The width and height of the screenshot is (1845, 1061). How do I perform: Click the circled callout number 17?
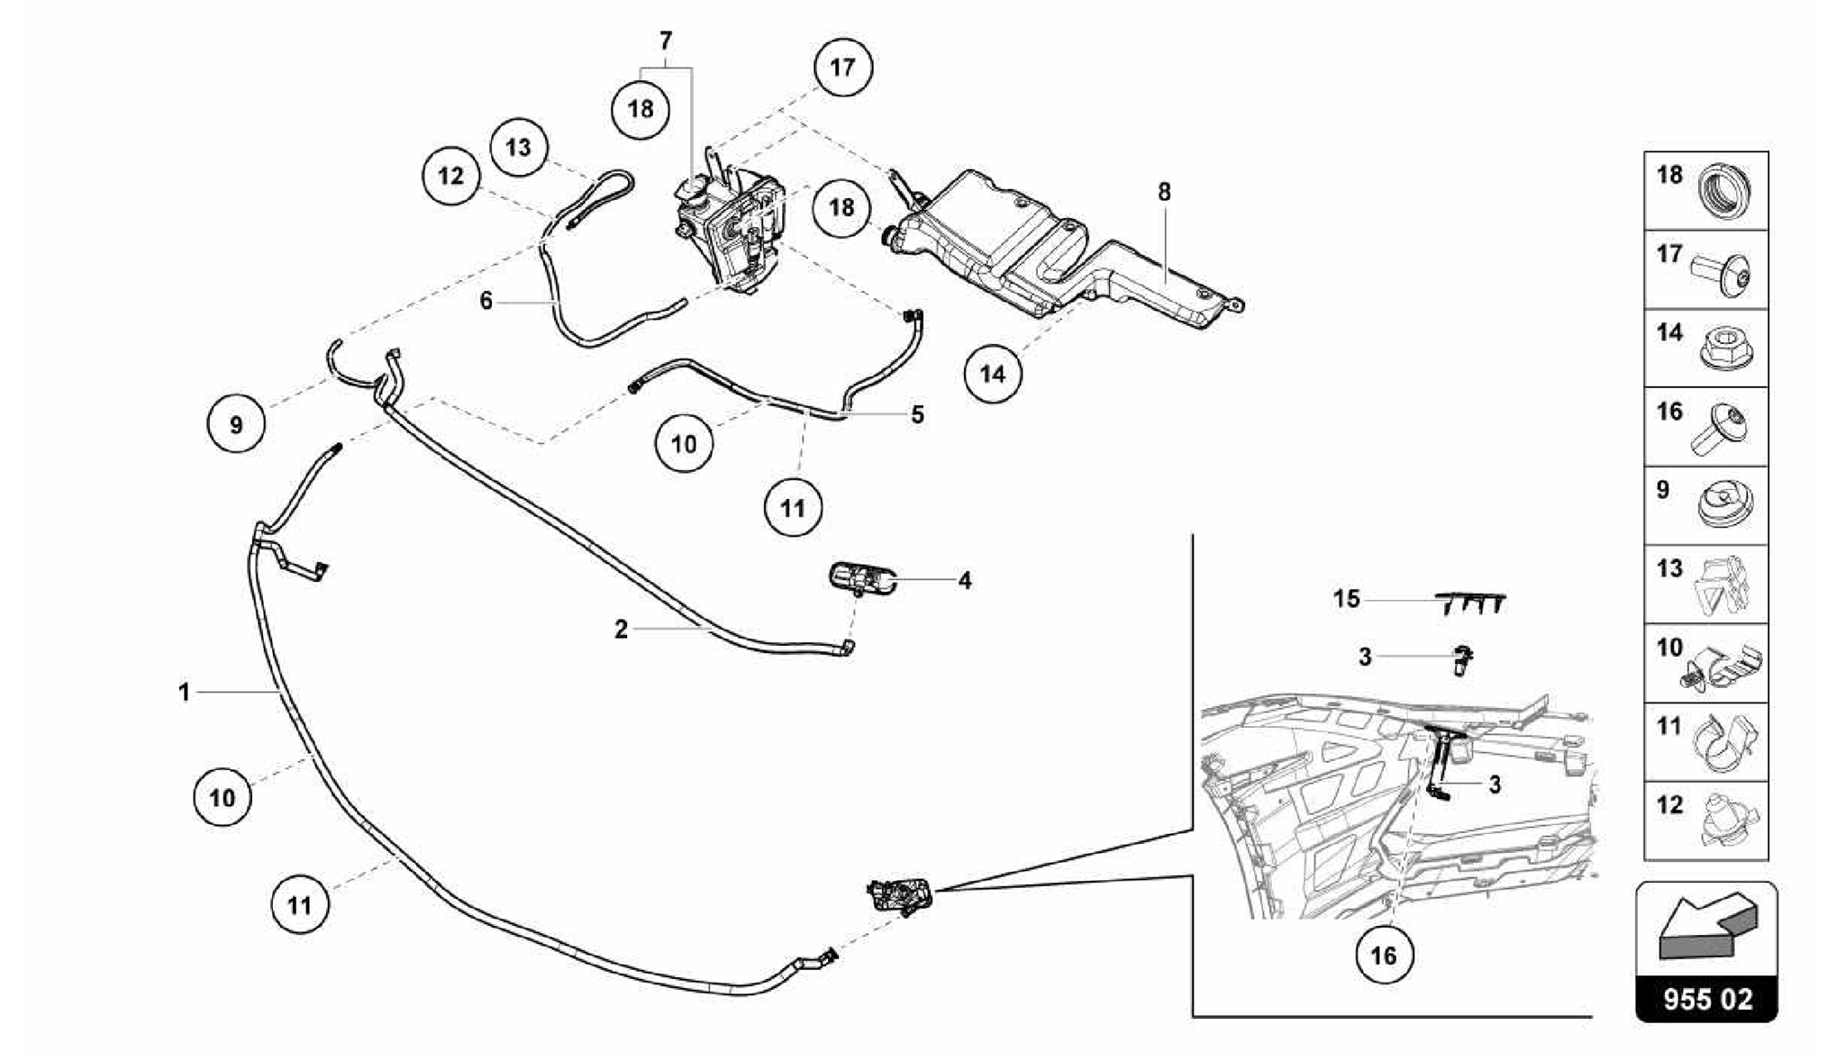click(x=842, y=68)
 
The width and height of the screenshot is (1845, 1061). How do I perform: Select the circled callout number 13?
click(x=519, y=147)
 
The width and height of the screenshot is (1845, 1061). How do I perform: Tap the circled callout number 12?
click(x=451, y=176)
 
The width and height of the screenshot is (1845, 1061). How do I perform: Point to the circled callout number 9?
click(x=236, y=424)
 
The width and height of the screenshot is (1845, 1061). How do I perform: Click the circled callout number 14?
click(x=993, y=373)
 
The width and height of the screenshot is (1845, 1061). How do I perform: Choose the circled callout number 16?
click(x=1384, y=956)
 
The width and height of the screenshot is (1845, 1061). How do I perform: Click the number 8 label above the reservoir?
click(x=1164, y=192)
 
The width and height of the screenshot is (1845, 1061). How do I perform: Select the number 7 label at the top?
click(x=666, y=41)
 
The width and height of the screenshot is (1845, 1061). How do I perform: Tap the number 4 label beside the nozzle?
click(x=965, y=581)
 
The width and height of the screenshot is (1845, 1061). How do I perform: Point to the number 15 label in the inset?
click(x=1346, y=599)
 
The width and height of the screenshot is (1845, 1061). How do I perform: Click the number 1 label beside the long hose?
click(x=184, y=692)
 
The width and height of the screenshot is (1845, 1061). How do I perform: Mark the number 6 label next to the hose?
click(x=486, y=301)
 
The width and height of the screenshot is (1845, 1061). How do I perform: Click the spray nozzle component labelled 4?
click(x=860, y=577)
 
